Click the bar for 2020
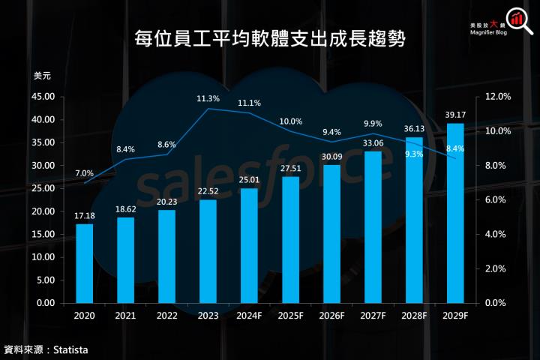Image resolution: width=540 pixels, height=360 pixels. pos(85,262)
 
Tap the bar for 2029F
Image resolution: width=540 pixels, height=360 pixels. pos(455,213)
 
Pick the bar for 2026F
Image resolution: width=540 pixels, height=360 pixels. pos(331,233)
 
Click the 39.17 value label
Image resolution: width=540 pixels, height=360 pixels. pos(455,115)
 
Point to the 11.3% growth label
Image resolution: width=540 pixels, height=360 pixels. pos(208,98)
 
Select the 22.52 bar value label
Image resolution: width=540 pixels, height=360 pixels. pos(208,190)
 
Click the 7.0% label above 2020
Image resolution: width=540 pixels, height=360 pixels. pos(84,173)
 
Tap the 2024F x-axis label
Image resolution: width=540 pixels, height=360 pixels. pos(249,317)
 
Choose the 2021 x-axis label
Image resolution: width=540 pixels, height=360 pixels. pos(125,317)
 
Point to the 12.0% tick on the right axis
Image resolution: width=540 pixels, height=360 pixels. pos(498,97)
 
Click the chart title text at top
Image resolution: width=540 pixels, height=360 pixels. pos(269,39)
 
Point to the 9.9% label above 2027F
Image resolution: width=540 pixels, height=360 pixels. pos(373,124)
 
